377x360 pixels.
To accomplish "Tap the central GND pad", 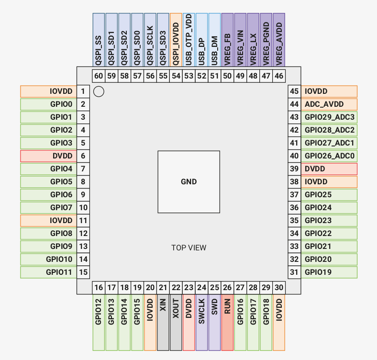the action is click(189, 182).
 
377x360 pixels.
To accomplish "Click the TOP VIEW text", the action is click(189, 247).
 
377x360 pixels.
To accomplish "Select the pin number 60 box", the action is click(99, 76).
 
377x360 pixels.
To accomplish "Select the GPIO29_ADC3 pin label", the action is click(329, 117).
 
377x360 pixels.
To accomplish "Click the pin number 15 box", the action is click(83, 272).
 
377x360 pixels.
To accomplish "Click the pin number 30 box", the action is click(279, 288).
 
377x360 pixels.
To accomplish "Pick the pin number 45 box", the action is click(294, 91).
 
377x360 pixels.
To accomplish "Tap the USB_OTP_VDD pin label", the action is click(189, 40).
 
